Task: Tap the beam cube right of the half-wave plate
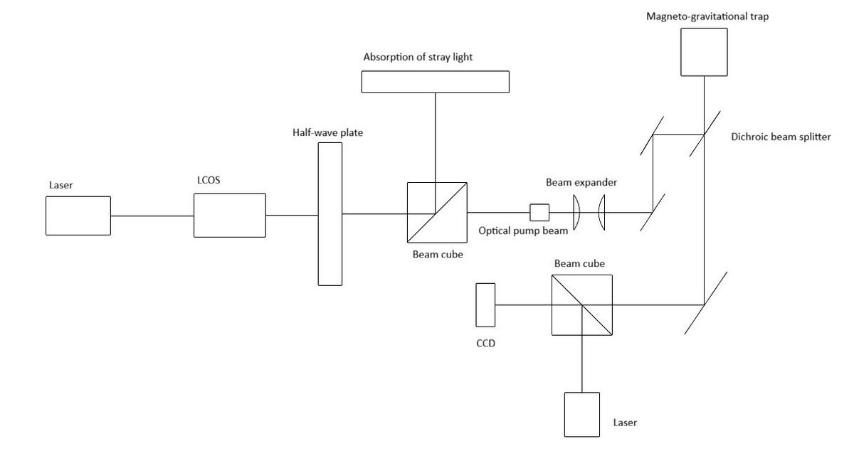pos(437,212)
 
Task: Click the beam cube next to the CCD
pos(582,304)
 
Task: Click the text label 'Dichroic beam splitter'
pos(781,137)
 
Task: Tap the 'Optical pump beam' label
pos(523,231)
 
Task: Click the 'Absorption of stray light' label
pos(418,57)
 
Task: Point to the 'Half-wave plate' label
pos(328,132)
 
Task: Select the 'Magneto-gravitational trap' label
pos(707,16)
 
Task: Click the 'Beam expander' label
pos(581,183)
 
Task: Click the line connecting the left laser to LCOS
pos(152,216)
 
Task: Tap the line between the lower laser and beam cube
pos(582,364)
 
